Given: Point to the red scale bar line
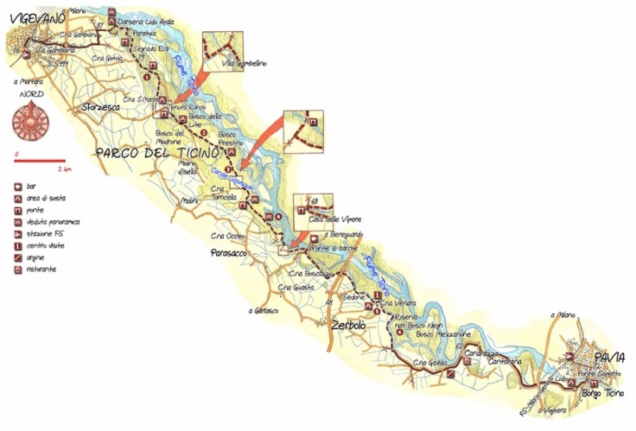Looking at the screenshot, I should [x=40, y=160].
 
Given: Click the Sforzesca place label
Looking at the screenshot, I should [x=100, y=108].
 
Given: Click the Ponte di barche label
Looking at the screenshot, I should [x=340, y=248].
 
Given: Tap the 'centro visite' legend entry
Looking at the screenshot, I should [x=49, y=245].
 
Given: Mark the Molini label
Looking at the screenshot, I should [x=190, y=201].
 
